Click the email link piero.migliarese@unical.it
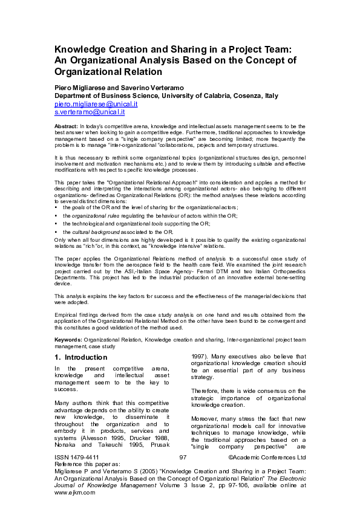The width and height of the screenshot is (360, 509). click(96, 104)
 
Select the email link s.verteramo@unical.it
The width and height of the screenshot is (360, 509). click(90, 112)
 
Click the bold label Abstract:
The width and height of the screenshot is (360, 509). click(66, 126)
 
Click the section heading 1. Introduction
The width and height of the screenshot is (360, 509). click(80, 357)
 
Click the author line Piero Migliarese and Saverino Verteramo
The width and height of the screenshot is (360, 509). click(119, 88)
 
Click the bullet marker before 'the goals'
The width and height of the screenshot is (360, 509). click(56, 208)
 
